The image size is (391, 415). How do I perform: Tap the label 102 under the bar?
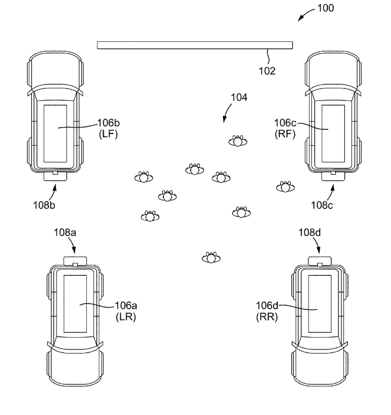coord(267,71)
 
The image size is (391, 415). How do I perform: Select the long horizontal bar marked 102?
coord(195,45)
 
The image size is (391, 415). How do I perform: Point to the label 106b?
coord(109,123)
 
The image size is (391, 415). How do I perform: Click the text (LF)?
coord(110,133)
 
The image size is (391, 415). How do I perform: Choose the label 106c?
coord(286,123)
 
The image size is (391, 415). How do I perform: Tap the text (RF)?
coord(285,133)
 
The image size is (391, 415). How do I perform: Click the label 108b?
coord(44,205)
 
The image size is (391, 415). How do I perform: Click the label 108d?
coord(309,233)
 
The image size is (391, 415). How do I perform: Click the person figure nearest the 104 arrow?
coord(237,140)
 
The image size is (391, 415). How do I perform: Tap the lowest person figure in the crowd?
coord(211,257)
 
